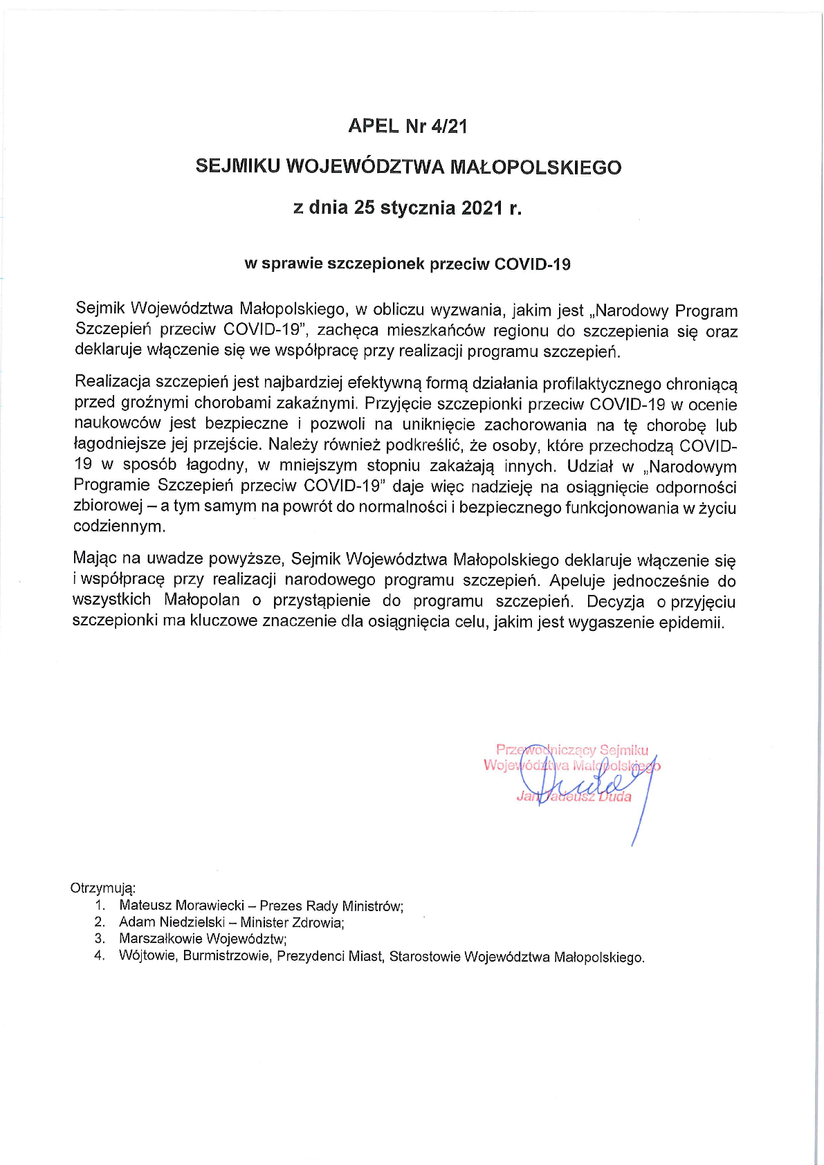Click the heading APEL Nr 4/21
408,126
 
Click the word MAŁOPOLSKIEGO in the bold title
535,167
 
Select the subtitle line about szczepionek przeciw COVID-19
408,264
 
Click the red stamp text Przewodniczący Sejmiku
572,750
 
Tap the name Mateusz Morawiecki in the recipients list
181,906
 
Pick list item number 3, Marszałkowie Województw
202,939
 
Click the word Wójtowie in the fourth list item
147,956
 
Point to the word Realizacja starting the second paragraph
112,382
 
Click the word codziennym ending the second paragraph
120,526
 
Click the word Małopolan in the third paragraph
202,600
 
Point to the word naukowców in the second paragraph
117,423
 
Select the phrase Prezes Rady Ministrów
331,906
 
